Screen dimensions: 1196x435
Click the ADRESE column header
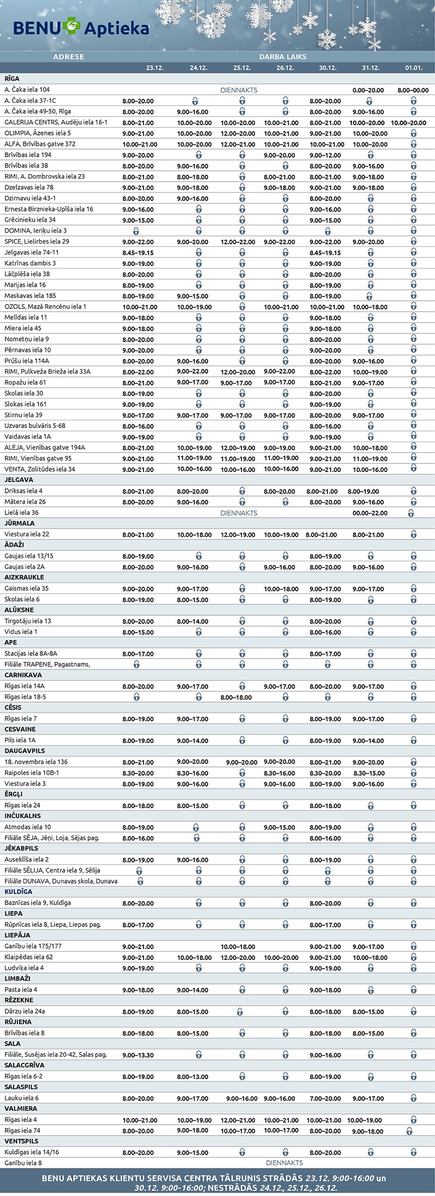point(69,57)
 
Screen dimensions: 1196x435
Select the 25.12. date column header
point(241,68)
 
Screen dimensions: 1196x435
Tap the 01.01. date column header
point(413,68)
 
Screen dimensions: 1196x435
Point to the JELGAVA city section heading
point(19,480)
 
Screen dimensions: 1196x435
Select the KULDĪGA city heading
point(18,891)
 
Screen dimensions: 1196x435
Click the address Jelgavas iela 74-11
point(32,252)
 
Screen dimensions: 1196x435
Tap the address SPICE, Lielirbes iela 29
point(36,241)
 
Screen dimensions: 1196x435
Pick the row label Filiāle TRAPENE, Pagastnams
point(47,664)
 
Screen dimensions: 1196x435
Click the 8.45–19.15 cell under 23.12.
point(138,253)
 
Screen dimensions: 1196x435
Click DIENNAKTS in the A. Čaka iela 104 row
point(239,90)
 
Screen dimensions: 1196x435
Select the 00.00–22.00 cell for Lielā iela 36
point(370,513)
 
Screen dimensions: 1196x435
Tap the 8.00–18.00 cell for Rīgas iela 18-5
point(236,697)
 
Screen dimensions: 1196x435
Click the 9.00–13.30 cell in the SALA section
point(138,1055)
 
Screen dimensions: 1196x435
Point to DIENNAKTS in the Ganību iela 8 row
point(284,1163)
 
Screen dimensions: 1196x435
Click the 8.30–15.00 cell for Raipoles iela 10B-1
point(370,773)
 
